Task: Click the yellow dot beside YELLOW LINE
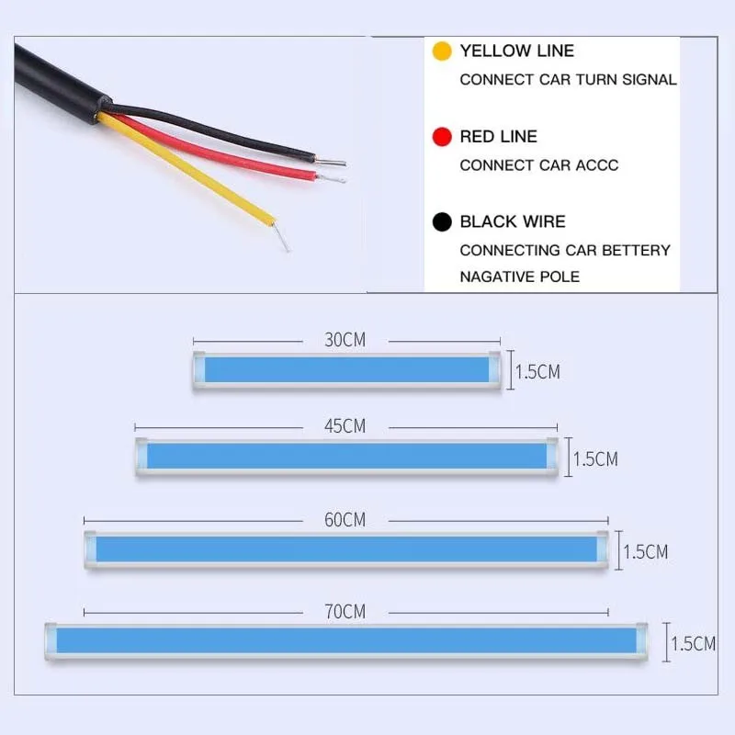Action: pos(443,51)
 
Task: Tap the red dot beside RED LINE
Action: pos(443,137)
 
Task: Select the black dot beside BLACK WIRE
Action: pos(443,221)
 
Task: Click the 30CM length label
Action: pos(345,340)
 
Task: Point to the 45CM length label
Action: pos(345,426)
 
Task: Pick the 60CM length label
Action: pos(345,520)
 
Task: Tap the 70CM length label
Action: pos(345,611)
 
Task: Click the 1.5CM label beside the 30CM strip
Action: pos(537,372)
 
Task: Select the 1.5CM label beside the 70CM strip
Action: pos(694,643)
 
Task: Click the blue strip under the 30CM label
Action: pos(346,369)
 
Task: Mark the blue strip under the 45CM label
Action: pos(346,456)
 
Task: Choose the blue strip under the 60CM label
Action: pos(346,549)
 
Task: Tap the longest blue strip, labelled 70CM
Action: pos(346,639)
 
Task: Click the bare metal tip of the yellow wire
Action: pos(283,238)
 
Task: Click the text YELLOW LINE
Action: pos(517,51)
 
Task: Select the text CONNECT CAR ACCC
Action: pos(539,165)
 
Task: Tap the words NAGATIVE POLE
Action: pos(520,277)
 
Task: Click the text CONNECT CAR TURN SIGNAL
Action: pos(568,79)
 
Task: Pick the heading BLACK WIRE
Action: pos(513,221)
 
